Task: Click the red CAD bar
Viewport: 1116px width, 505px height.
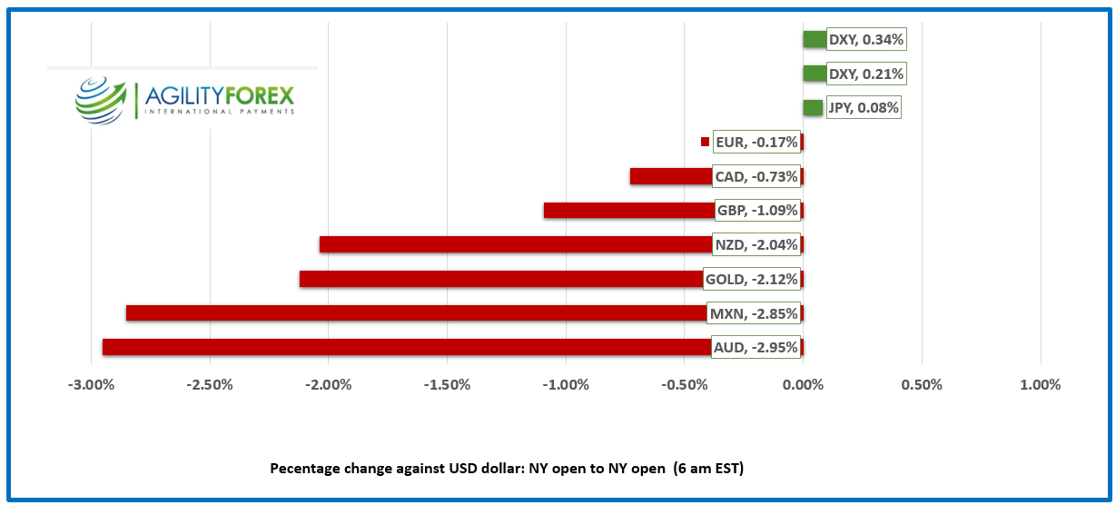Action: click(x=670, y=176)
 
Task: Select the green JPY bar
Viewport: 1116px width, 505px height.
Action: click(x=813, y=108)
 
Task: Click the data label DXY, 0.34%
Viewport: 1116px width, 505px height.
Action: click(x=866, y=39)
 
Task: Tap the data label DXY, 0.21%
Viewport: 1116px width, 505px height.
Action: click(x=866, y=74)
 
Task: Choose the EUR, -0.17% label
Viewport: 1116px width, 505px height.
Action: click(x=756, y=142)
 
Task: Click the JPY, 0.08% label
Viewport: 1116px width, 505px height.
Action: click(x=863, y=108)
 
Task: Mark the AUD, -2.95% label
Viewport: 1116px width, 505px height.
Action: click(x=756, y=347)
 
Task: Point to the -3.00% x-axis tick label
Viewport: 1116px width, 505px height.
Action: click(x=91, y=384)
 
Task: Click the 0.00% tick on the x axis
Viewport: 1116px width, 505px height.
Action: click(x=803, y=384)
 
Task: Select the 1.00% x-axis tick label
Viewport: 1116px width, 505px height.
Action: click(x=1041, y=384)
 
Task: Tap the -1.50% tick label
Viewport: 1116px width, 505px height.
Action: click(x=447, y=384)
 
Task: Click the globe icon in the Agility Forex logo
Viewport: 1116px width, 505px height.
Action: click(x=101, y=98)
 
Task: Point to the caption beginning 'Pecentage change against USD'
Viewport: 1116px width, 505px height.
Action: click(x=507, y=468)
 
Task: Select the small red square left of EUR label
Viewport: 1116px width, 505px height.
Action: click(x=705, y=142)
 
